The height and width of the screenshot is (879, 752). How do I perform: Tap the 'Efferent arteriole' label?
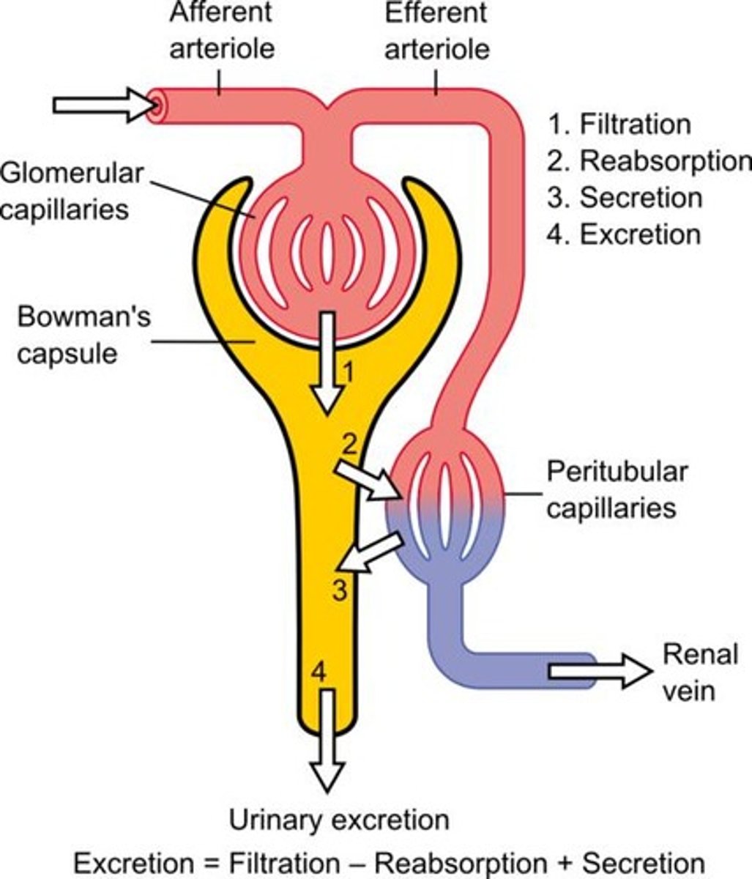pyautogui.click(x=436, y=31)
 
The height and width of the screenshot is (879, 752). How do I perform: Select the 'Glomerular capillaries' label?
pyautogui.click(x=72, y=192)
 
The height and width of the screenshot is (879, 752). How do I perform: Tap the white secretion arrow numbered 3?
pyautogui.click(x=372, y=552)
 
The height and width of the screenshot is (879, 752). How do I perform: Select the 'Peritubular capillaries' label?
pyautogui.click(x=617, y=489)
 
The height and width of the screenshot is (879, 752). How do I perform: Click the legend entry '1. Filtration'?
pyautogui.click(x=619, y=124)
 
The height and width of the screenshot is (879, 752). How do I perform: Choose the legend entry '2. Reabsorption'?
pyautogui.click(x=649, y=160)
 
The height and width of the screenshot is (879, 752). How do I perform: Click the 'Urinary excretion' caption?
pyautogui.click(x=339, y=820)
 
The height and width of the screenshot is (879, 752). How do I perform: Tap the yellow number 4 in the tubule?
pyautogui.click(x=318, y=671)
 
